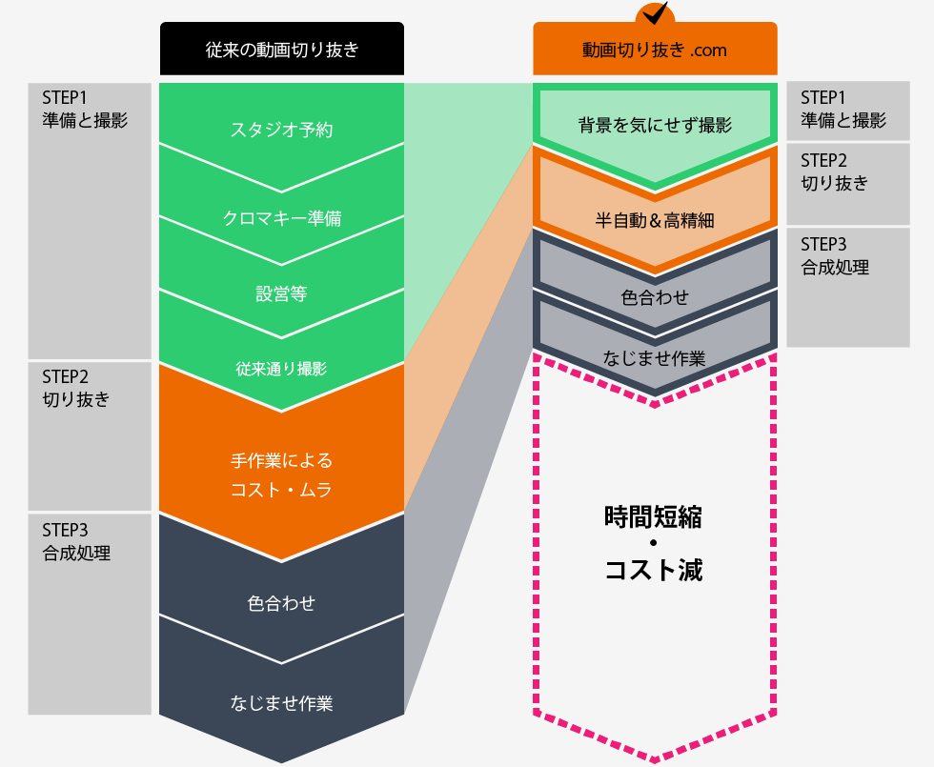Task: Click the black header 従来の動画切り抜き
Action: point(282,50)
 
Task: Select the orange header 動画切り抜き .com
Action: point(655,50)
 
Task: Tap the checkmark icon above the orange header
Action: point(655,13)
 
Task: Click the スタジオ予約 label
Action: point(281,130)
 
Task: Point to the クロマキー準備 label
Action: point(281,218)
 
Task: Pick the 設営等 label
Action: point(281,293)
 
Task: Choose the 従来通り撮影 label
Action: point(281,369)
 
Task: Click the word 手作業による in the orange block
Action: point(281,461)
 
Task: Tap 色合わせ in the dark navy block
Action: point(281,603)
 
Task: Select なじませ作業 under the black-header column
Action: point(281,704)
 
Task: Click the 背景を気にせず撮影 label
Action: point(655,125)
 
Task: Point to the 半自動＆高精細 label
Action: point(655,220)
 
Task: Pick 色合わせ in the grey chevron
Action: point(655,297)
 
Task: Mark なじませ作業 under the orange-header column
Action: point(655,358)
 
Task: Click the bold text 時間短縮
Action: point(655,516)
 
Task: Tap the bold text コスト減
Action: point(655,571)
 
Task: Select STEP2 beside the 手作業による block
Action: point(65,375)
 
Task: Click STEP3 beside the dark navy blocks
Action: point(65,530)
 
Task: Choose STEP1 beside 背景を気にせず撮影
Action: point(823,98)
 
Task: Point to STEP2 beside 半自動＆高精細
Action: point(823,160)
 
